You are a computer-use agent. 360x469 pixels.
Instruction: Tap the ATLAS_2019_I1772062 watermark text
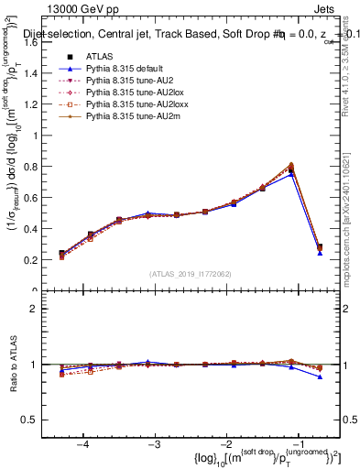(x=191, y=274)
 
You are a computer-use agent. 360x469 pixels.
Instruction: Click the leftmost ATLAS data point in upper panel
(x=62, y=254)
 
